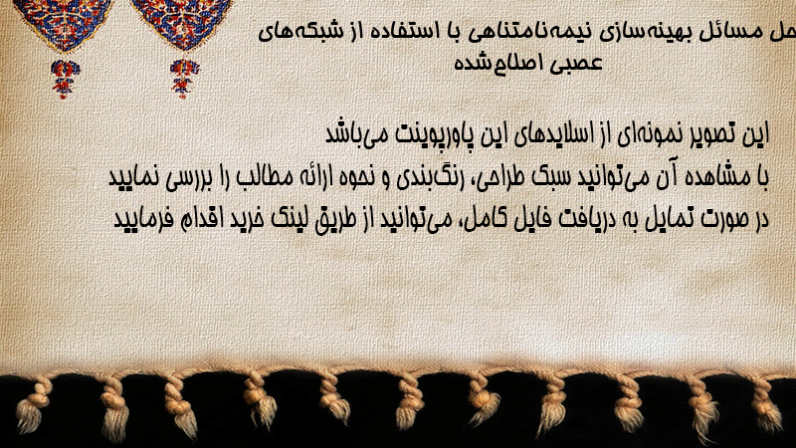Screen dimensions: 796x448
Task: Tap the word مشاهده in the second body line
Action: tap(719, 177)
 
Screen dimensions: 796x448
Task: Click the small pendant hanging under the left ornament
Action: tap(65, 79)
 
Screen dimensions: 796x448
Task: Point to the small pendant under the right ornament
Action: tap(184, 79)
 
